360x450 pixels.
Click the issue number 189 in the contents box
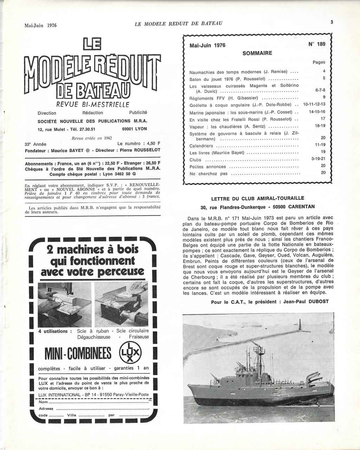click(x=319, y=44)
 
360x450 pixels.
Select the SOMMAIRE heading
click(x=257, y=53)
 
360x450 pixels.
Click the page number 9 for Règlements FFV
click(x=324, y=97)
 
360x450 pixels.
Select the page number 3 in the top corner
click(x=332, y=22)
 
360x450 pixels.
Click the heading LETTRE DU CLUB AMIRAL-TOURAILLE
click(x=258, y=198)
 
